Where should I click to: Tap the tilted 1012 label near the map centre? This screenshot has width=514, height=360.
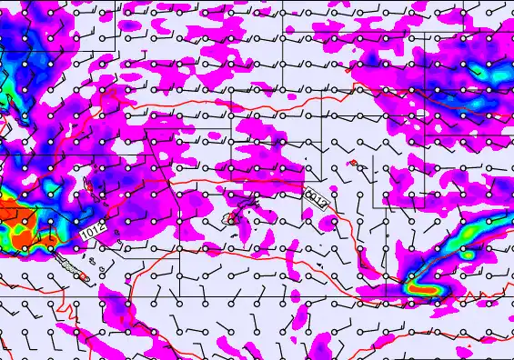pyautogui.click(x=316, y=197)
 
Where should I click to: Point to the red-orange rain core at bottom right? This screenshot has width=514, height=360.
pyautogui.click(x=425, y=288)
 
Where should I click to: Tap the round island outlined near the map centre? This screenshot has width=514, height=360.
pyautogui.click(x=233, y=218)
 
